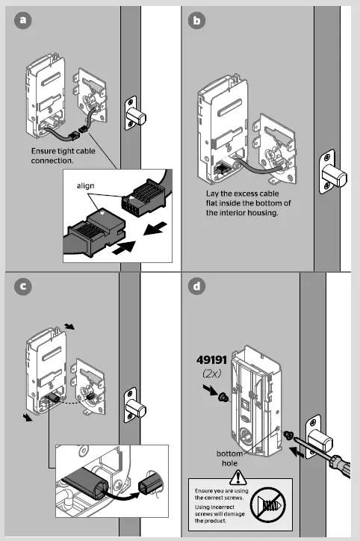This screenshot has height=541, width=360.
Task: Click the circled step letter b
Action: [196, 21]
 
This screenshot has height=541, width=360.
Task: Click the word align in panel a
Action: [88, 184]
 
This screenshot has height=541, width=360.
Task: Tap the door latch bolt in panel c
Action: [136, 408]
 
